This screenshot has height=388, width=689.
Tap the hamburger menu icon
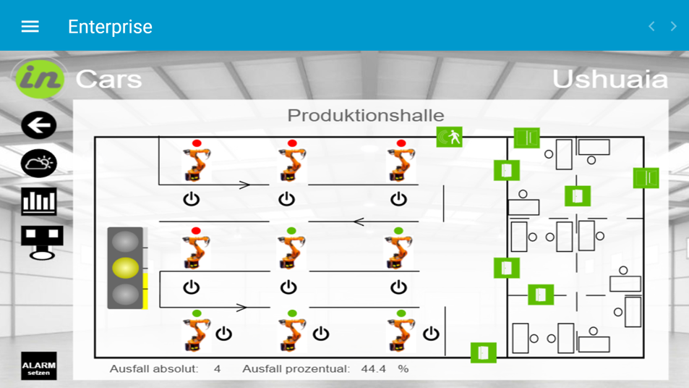pyautogui.click(x=30, y=27)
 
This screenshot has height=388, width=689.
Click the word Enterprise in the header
pyautogui.click(x=110, y=27)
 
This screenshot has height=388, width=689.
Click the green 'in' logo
pyautogui.click(x=40, y=78)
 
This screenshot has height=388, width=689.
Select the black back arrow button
pyautogui.click(x=39, y=125)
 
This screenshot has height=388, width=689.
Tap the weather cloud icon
pyautogui.click(x=39, y=164)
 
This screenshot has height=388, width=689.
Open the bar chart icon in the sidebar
pyautogui.click(x=39, y=201)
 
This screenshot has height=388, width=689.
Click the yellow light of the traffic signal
pyautogui.click(x=126, y=268)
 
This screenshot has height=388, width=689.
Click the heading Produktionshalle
pyautogui.click(x=366, y=115)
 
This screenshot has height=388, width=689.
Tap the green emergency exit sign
pyautogui.click(x=449, y=137)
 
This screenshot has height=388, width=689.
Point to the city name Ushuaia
pyautogui.click(x=609, y=79)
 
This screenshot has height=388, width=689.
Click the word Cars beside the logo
pyautogui.click(x=108, y=79)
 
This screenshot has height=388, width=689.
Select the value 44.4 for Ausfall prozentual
pyautogui.click(x=373, y=369)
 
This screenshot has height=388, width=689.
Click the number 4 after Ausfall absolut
pyautogui.click(x=217, y=369)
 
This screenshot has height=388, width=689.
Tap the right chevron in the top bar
pyautogui.click(x=673, y=27)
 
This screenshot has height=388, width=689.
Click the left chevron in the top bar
pyautogui.click(x=651, y=27)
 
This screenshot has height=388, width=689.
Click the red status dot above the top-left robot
pyautogui.click(x=196, y=143)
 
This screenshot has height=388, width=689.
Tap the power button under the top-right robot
pyautogui.click(x=398, y=198)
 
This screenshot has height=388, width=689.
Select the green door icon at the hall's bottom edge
pyautogui.click(x=484, y=353)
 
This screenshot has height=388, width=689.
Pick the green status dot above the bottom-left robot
pyautogui.click(x=196, y=313)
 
